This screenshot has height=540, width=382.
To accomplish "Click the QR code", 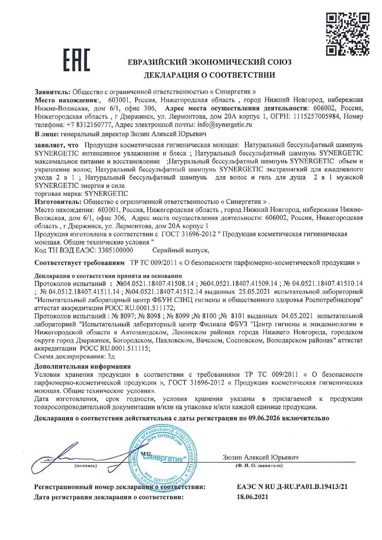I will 347,34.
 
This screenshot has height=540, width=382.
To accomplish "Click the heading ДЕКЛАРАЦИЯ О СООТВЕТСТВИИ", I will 209,75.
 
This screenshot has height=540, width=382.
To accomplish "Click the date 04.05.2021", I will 297,316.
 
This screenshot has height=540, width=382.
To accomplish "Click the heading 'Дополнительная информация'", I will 82,366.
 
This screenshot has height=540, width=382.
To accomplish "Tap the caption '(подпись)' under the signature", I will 86,465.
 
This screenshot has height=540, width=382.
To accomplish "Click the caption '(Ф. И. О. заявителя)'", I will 259,465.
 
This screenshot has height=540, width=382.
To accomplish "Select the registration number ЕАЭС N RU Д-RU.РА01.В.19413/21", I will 292,487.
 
